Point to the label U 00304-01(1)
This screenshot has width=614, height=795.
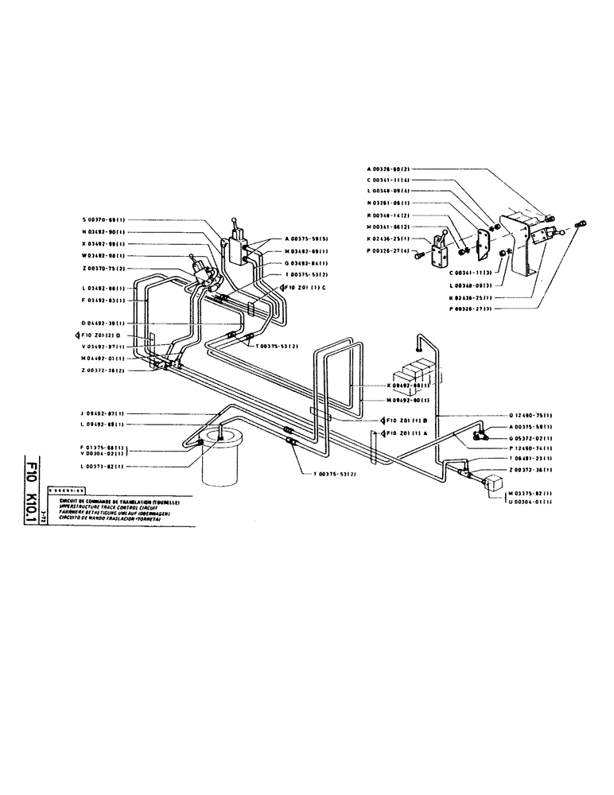(x=534, y=502)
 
